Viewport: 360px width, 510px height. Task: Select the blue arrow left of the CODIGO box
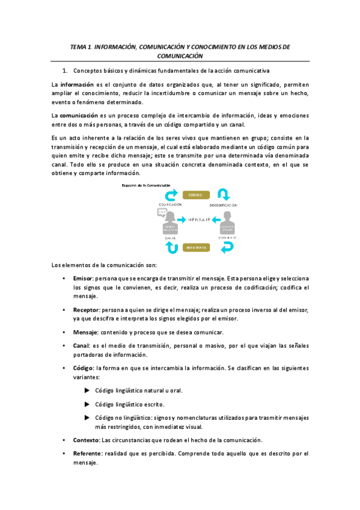[x=172, y=195]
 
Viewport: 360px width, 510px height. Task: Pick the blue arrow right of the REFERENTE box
[x=224, y=247]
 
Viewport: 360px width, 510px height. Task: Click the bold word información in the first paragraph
[x=75, y=85]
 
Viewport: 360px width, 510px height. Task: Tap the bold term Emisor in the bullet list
[x=82, y=279]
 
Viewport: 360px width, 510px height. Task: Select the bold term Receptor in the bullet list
[x=86, y=310]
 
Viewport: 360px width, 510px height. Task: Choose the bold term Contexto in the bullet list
[x=86, y=440]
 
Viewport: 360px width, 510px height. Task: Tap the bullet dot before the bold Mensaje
[x=64, y=333]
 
